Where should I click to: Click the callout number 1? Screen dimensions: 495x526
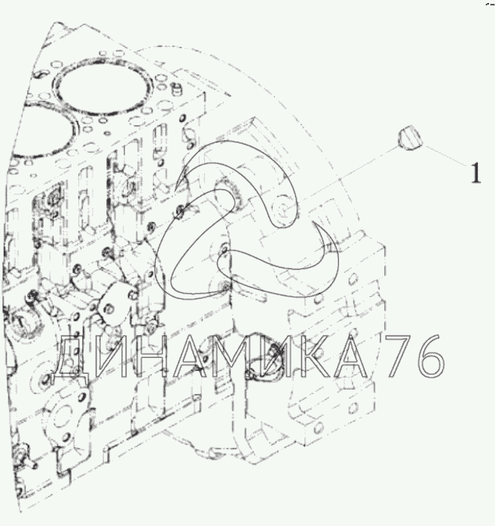pos(476,173)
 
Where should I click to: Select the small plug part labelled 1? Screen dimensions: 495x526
pos(410,137)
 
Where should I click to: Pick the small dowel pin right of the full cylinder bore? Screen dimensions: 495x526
pos(177,90)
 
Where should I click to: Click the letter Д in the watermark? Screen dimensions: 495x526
pos(72,356)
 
